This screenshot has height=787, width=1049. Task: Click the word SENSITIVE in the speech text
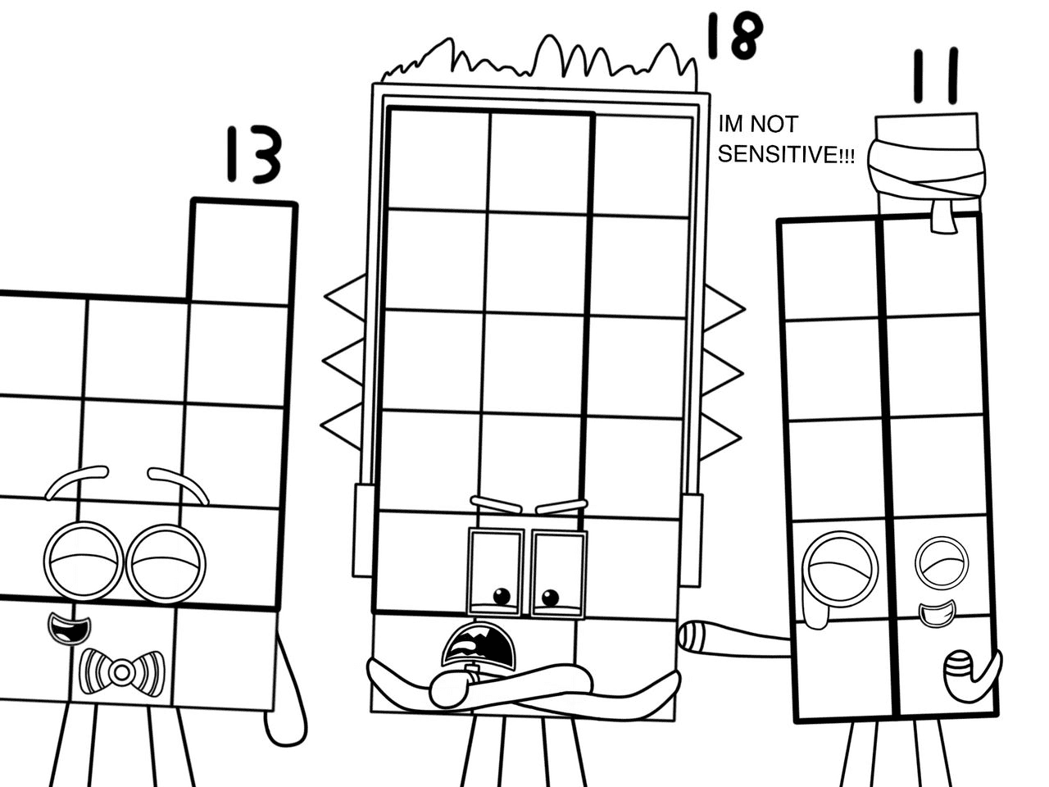(x=785, y=155)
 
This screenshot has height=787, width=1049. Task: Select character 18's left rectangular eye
(x=496, y=572)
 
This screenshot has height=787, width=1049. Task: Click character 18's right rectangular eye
(x=559, y=574)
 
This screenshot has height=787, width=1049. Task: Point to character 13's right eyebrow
(x=179, y=481)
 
